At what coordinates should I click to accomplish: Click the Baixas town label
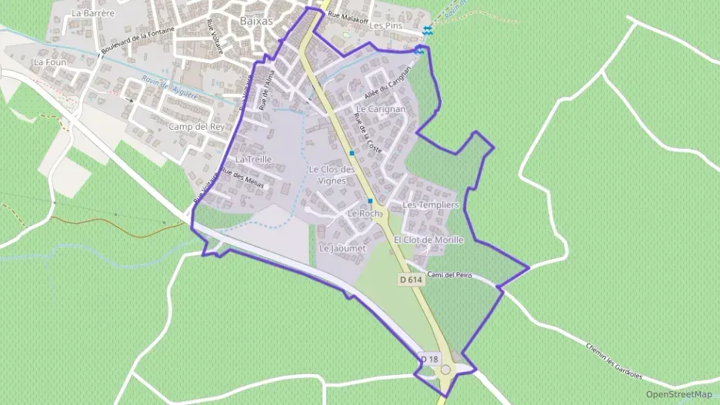pyautogui.click(x=256, y=22)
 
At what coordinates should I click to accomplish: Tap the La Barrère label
pyautogui.click(x=92, y=13)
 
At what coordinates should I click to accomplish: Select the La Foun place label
pyautogui.click(x=50, y=61)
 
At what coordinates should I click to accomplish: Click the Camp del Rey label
pyautogui.click(x=195, y=127)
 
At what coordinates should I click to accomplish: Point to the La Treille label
pyautogui.click(x=253, y=159)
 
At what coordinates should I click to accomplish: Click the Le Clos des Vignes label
pyautogui.click(x=332, y=174)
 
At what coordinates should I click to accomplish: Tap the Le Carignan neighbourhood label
pyautogui.click(x=380, y=109)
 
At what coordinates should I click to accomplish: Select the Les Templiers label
pyautogui.click(x=431, y=205)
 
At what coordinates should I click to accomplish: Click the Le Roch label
pyautogui.click(x=364, y=213)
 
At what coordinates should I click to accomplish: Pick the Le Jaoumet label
pyautogui.click(x=342, y=248)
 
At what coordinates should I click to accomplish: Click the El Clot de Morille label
pyautogui.click(x=428, y=240)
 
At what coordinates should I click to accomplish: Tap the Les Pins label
pyautogui.click(x=386, y=25)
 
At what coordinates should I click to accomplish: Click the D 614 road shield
pyautogui.click(x=412, y=281)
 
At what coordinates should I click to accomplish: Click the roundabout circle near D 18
pyautogui.click(x=445, y=370)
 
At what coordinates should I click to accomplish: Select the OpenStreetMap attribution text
pyautogui.click(x=678, y=394)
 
